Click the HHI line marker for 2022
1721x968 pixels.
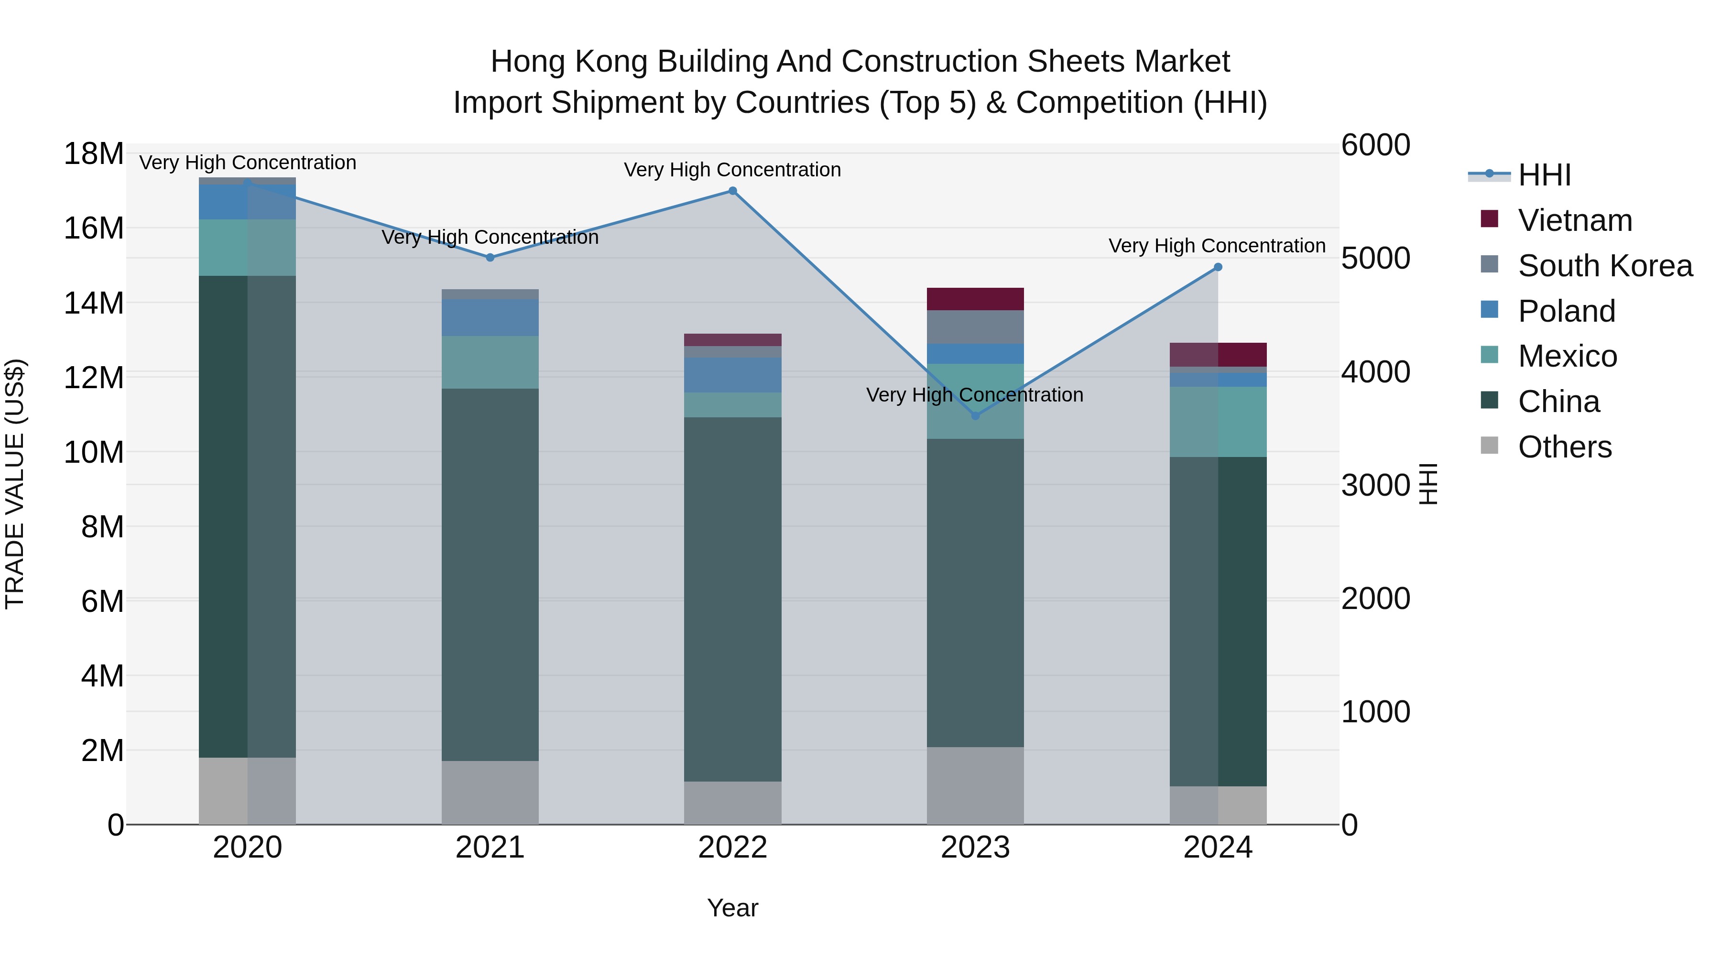pos(732,191)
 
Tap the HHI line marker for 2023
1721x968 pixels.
pos(975,415)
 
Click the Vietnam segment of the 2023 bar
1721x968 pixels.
pos(975,299)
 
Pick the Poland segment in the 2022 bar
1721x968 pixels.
pos(732,375)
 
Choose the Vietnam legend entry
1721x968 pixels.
pos(1574,220)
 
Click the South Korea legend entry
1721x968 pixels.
pos(1605,266)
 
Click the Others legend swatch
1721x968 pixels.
pos(1489,446)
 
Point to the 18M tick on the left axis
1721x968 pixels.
pos(94,153)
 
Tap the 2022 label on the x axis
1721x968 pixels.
pos(732,848)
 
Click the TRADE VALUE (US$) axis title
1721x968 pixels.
pos(15,484)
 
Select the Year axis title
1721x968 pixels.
pos(732,908)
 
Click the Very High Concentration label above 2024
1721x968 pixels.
pos(1217,246)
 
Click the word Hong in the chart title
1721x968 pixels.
pos(528,62)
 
